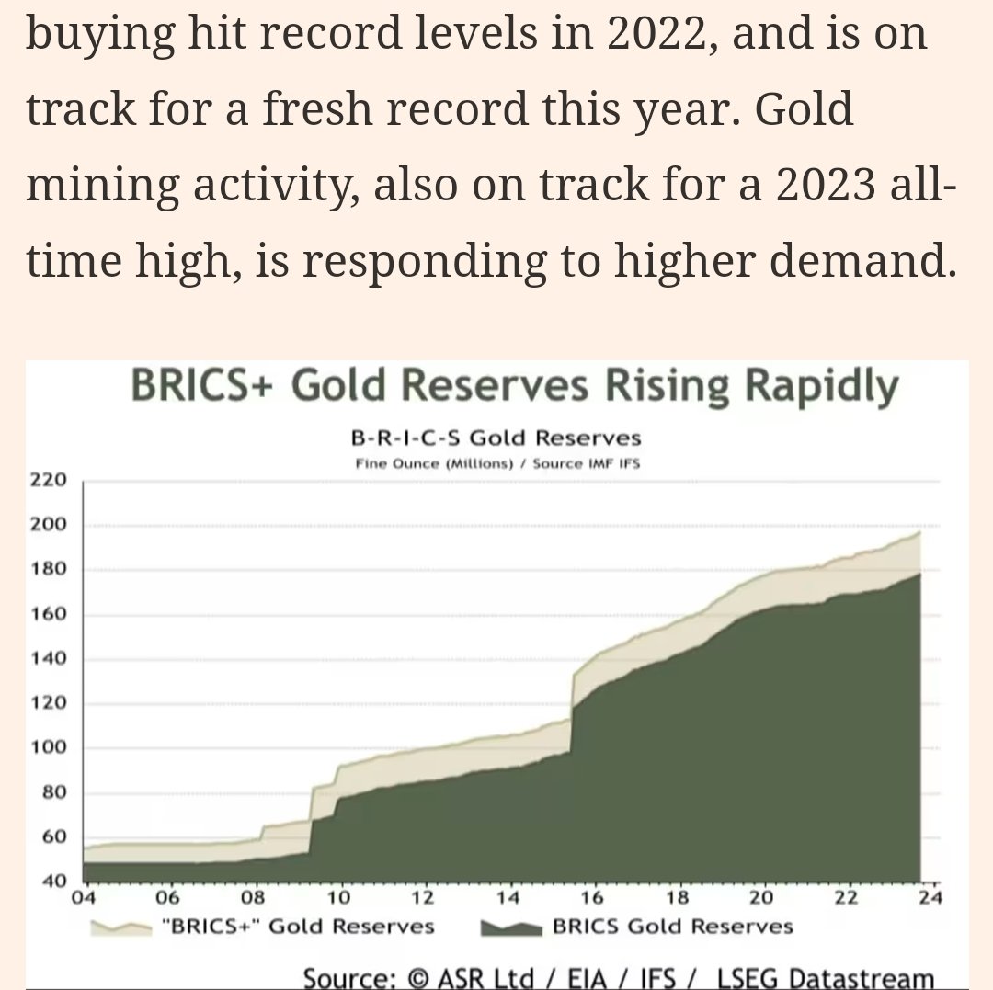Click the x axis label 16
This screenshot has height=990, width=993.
click(x=593, y=897)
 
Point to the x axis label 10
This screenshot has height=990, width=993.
click(x=339, y=897)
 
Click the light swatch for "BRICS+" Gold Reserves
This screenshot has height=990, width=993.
click(x=123, y=926)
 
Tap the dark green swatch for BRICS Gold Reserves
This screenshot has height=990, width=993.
click(x=512, y=926)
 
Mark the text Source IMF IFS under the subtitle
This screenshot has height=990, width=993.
click(x=586, y=462)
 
